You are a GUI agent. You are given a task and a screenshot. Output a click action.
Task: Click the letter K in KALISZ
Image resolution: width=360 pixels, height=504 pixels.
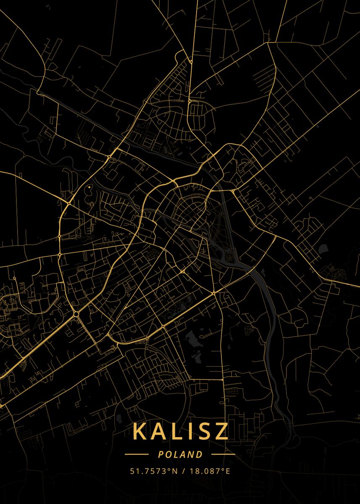click(x=141, y=431)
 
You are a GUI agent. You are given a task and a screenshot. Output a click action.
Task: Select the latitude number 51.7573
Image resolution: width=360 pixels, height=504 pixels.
click(x=149, y=471)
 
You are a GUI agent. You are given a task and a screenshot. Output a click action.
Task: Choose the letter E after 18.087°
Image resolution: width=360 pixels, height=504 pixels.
click(x=228, y=471)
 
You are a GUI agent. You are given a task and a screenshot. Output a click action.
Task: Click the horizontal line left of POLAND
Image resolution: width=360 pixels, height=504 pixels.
click(x=137, y=454)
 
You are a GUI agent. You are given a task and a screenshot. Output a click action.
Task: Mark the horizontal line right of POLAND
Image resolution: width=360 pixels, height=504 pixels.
click(x=223, y=454)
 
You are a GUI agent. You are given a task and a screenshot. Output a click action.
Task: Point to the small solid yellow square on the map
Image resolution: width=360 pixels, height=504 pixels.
click(x=89, y=186)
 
